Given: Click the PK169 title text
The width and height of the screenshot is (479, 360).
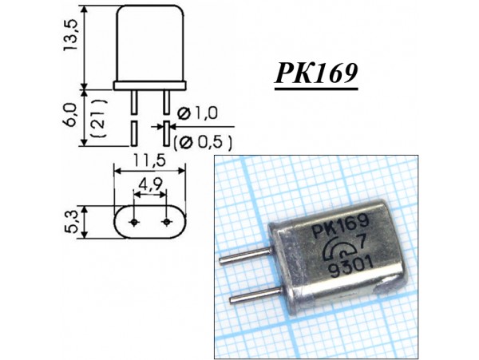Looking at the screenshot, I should pyautogui.click(x=316, y=74).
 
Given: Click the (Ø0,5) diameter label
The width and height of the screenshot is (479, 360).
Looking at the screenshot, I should pyautogui.click(x=202, y=143).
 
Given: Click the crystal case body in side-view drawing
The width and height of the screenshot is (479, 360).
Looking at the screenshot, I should pyautogui.click(x=150, y=44).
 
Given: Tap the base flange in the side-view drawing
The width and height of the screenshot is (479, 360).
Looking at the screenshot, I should pyautogui.click(x=150, y=83).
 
